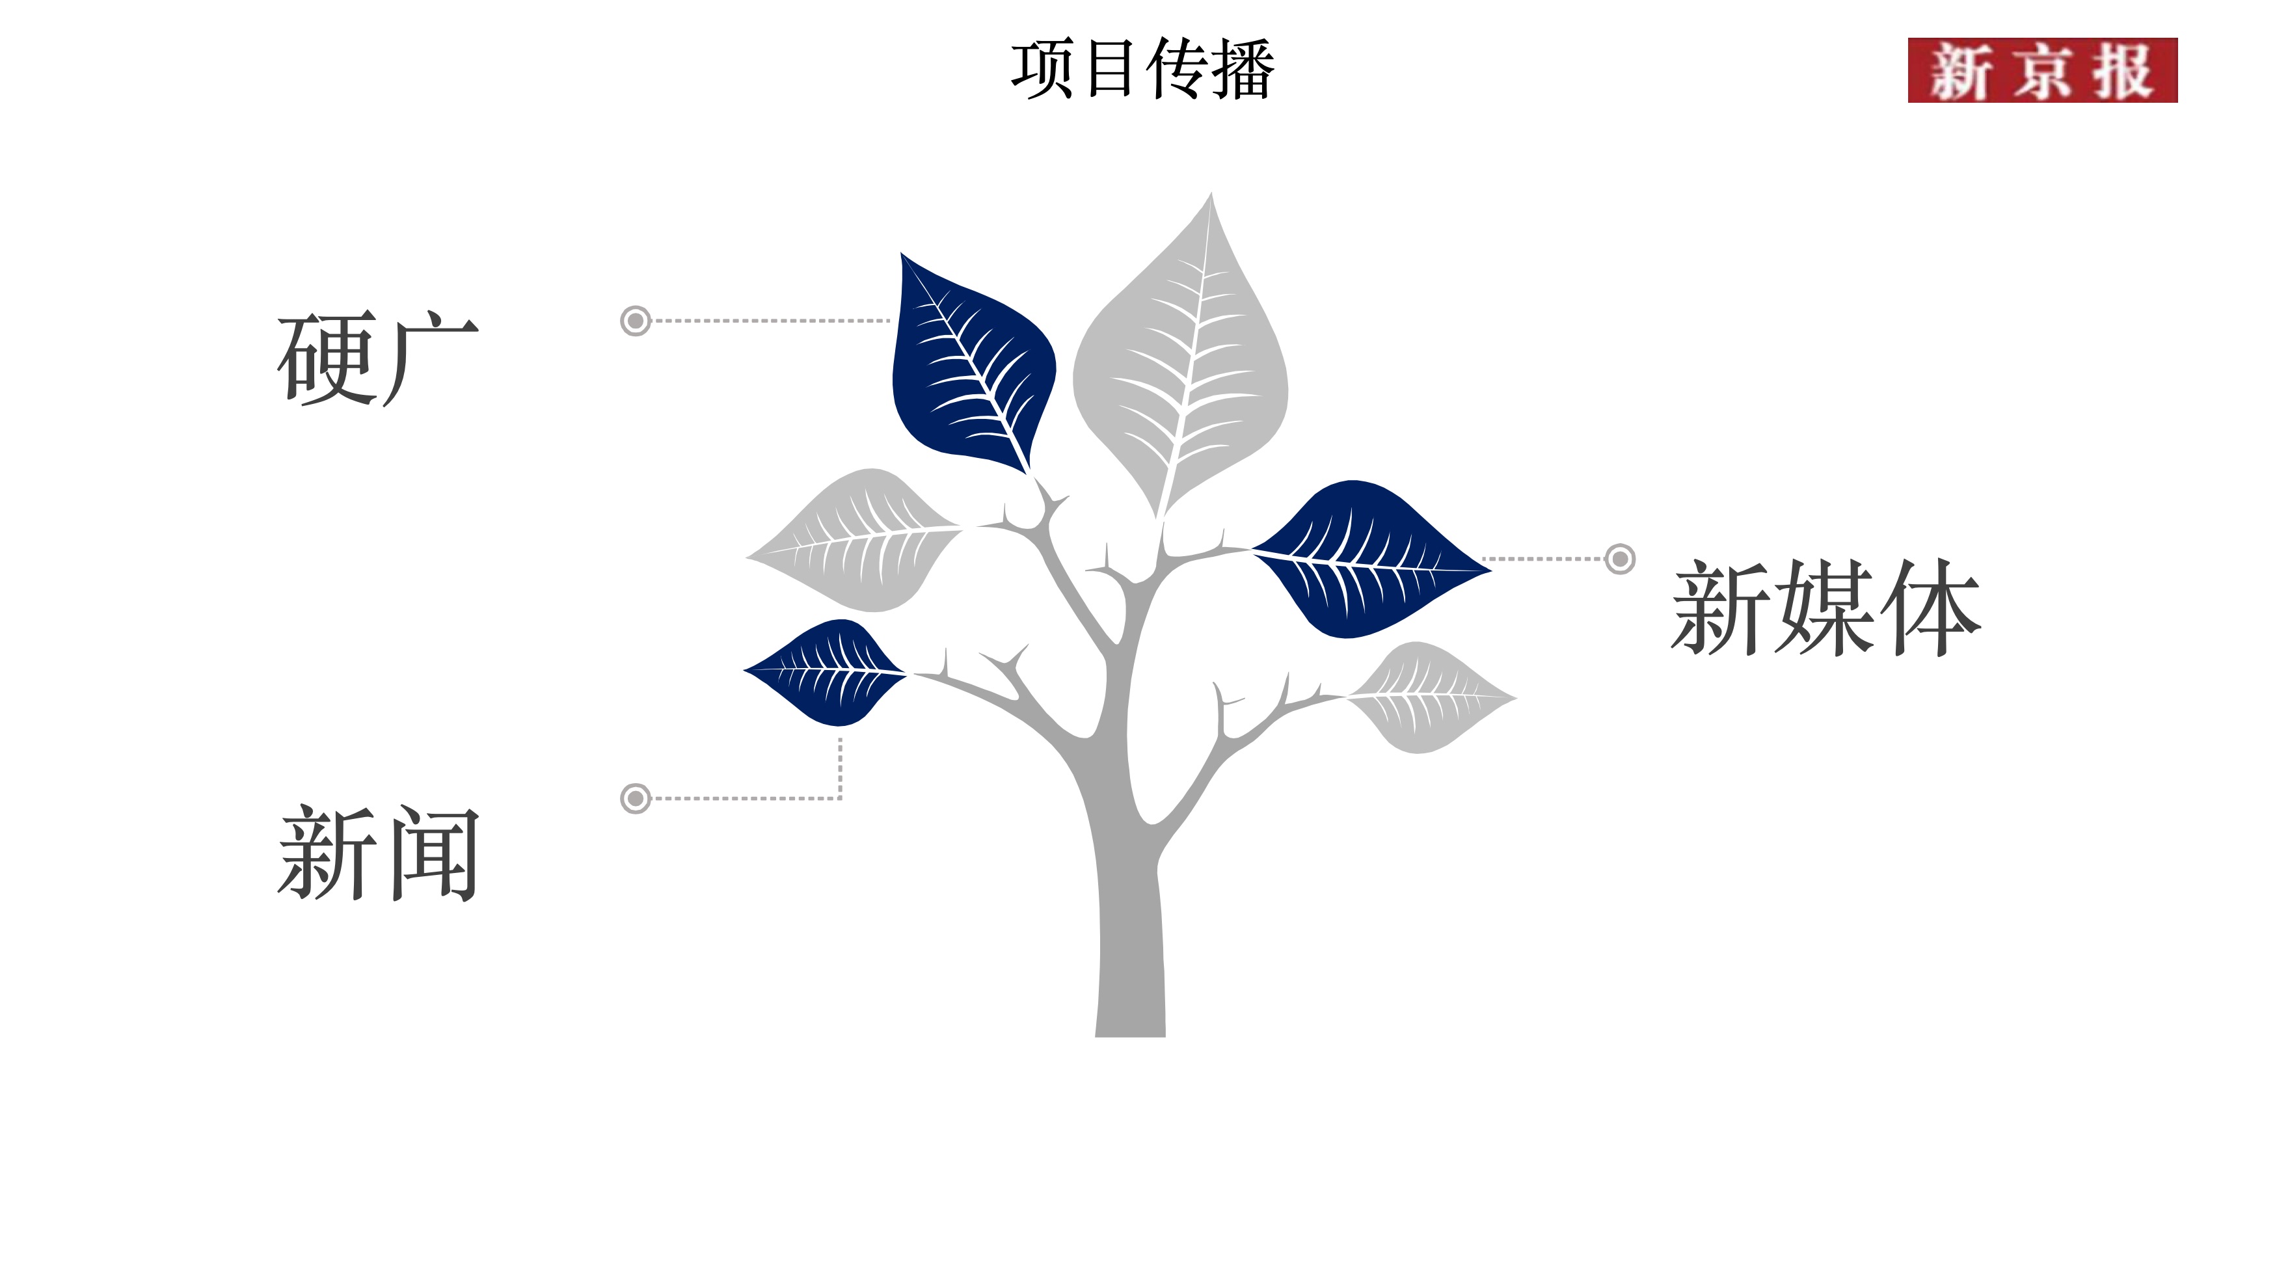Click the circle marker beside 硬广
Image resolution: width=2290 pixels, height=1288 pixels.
click(x=635, y=320)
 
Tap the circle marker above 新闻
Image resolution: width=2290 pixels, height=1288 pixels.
click(x=635, y=798)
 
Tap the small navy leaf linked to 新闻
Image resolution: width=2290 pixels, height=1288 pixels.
click(x=827, y=672)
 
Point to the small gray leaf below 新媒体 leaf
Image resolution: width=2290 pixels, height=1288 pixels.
click(x=1427, y=699)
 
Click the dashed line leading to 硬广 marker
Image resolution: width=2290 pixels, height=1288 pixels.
click(x=769, y=320)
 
